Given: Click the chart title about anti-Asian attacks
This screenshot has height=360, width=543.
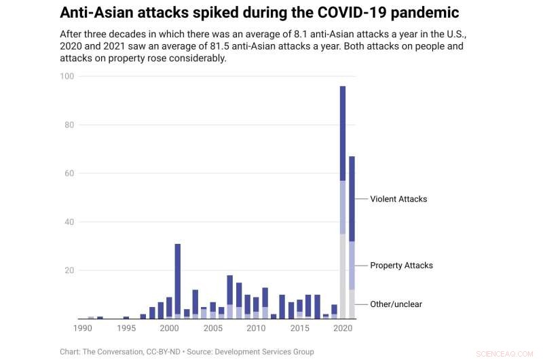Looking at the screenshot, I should click(259, 13).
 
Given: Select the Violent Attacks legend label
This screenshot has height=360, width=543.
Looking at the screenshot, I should click(398, 199).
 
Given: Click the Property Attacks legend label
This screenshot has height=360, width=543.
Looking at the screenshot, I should click(401, 266).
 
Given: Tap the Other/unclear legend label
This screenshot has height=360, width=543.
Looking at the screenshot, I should click(396, 304).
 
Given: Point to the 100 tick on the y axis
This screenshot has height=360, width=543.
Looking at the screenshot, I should click(67, 76).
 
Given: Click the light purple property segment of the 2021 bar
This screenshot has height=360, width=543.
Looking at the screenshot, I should click(352, 266).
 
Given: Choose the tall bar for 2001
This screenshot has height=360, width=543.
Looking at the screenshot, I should click(178, 278).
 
